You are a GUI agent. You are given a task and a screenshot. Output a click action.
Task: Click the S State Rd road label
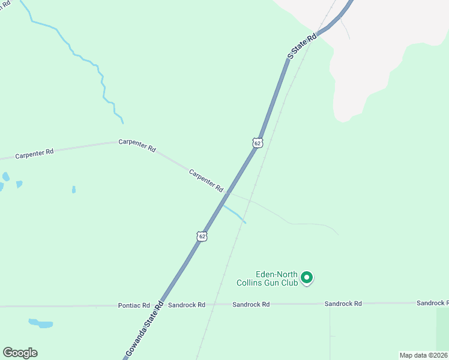point(302,46)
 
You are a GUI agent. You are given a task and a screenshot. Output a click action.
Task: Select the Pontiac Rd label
point(134,305)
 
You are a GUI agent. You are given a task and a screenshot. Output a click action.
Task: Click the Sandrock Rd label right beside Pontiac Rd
point(187,305)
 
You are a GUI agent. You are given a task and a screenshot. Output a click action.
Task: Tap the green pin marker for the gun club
point(307,277)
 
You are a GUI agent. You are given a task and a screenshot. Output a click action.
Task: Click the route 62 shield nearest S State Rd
point(257,143)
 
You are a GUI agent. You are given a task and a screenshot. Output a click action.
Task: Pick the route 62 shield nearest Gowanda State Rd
point(202,236)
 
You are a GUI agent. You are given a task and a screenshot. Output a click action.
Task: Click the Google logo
point(20,353)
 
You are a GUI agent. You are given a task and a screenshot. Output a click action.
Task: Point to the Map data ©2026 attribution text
point(423,355)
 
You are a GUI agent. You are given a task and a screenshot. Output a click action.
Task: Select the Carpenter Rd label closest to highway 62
point(206,180)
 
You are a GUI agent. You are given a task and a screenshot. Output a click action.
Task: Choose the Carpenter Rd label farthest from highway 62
point(34,153)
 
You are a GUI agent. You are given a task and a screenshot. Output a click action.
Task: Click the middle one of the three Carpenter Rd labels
point(137,145)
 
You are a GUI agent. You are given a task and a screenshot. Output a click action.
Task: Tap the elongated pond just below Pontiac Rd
point(41,324)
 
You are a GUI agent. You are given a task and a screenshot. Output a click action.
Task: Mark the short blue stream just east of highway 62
point(235,213)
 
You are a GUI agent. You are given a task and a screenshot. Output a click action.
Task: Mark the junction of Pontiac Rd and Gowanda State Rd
point(160,305)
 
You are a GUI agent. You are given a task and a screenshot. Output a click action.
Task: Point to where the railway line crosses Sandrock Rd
point(215,305)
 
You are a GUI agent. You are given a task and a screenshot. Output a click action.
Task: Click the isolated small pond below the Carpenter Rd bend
point(74,190)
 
